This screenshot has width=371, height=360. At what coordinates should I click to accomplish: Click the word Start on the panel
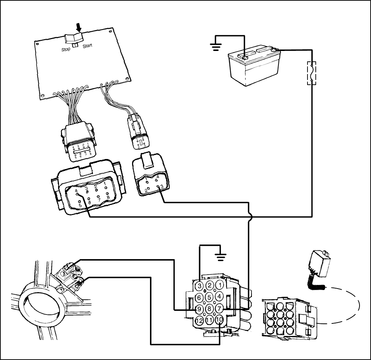[88, 46]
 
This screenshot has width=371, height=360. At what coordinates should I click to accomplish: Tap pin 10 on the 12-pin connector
[219, 319]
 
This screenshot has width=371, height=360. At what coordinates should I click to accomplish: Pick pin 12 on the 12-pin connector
[199, 320]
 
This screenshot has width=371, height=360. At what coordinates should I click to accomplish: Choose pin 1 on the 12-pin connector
[220, 286]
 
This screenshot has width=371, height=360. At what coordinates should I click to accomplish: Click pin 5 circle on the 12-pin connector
[209, 297]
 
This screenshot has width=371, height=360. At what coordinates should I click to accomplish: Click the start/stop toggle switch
[74, 38]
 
